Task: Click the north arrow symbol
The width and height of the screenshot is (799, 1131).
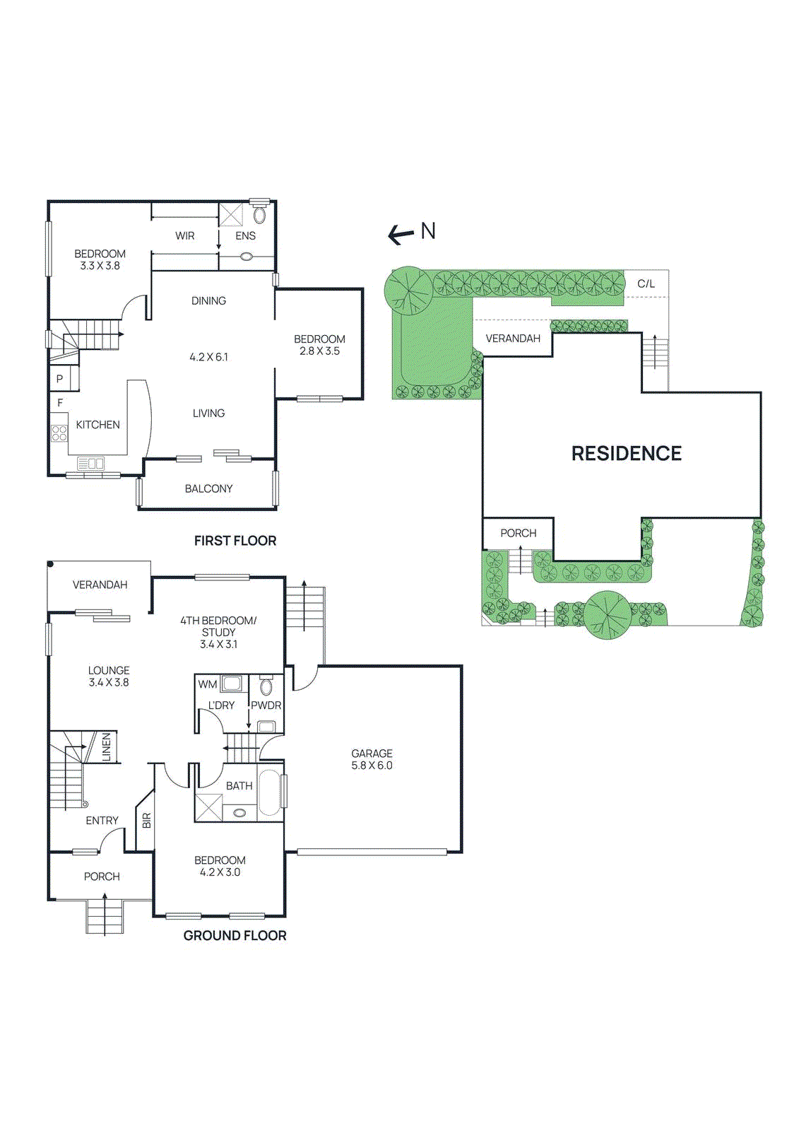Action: click(401, 234)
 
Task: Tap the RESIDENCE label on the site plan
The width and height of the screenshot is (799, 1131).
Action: click(626, 454)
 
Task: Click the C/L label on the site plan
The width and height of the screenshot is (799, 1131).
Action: click(646, 284)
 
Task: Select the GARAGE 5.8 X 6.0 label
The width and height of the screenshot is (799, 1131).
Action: click(372, 759)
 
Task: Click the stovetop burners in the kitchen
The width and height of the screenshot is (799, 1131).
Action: click(59, 433)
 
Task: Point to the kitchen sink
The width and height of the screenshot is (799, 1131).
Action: click(90, 464)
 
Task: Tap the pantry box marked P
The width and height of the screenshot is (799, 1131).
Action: click(59, 379)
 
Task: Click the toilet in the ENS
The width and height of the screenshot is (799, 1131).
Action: click(259, 215)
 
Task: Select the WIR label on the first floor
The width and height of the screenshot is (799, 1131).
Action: click(185, 236)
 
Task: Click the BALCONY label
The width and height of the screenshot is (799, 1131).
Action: click(208, 488)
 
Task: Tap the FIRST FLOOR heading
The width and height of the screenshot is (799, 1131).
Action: click(235, 541)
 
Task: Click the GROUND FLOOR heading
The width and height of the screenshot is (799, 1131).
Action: click(235, 935)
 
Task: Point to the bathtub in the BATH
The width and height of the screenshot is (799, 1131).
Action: click(270, 792)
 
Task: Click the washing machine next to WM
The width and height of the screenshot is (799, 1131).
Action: click(231, 684)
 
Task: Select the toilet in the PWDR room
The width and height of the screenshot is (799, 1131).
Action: click(266, 686)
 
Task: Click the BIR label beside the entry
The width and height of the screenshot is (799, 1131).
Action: click(147, 821)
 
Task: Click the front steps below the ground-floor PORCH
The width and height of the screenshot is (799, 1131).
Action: click(105, 916)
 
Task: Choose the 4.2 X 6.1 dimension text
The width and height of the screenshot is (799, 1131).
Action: click(208, 357)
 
